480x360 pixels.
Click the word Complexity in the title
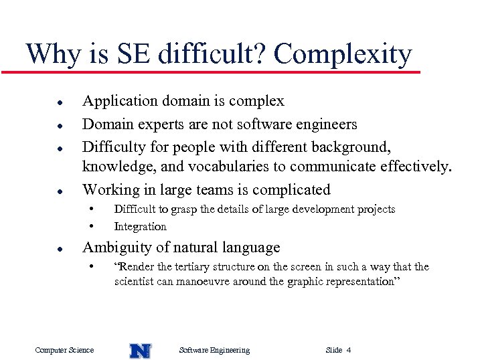coord(343,54)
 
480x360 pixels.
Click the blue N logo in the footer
coord(140,350)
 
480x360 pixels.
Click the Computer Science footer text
coord(64,350)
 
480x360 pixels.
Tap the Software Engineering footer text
coord(215,350)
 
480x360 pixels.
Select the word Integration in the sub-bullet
coord(140,226)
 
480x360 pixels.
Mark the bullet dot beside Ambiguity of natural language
coord(60,249)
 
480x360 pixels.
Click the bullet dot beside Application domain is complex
coord(60,102)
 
